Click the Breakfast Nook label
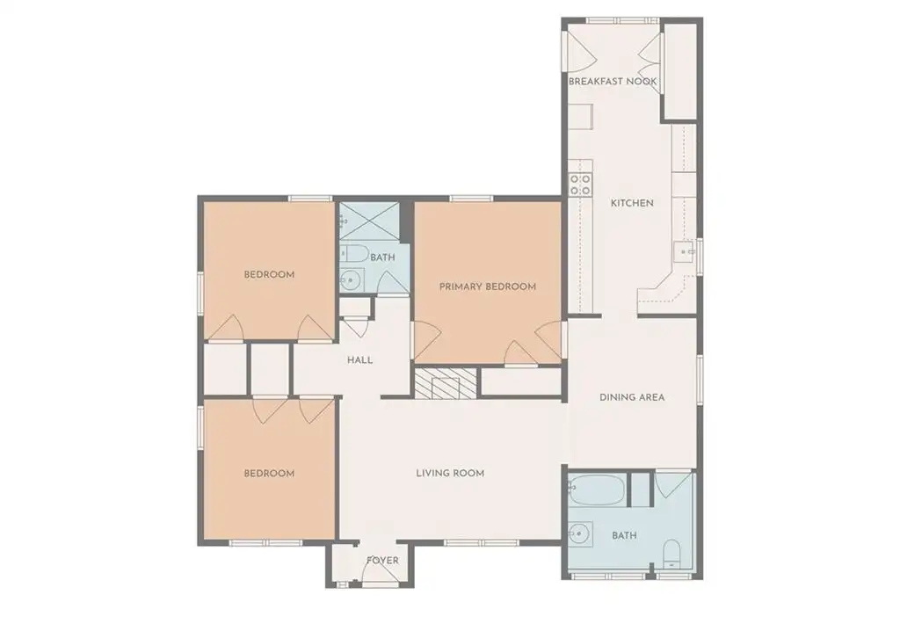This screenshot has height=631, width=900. coord(613,82)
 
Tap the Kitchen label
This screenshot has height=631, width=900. coord(632,203)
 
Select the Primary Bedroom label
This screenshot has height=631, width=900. coord(488,286)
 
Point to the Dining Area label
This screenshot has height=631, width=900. coord(632,396)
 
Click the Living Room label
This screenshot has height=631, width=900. coord(450,473)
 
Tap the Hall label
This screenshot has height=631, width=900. coord(359,360)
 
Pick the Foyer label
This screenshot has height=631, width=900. coord(382,560)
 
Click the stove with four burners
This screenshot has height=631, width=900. coord(580,185)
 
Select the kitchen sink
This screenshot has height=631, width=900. coord(684,251)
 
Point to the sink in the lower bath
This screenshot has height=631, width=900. coord(579,534)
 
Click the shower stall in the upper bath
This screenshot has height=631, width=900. coord(369,221)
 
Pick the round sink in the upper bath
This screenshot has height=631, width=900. coord(351,280)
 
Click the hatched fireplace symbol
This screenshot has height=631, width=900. coord(446,383)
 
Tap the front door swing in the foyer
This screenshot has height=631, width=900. coord(379,570)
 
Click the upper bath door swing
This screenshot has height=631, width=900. coord(393,281)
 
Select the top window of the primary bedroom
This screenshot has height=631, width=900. coord(471,199)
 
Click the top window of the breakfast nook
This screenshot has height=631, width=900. coord(622,21)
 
